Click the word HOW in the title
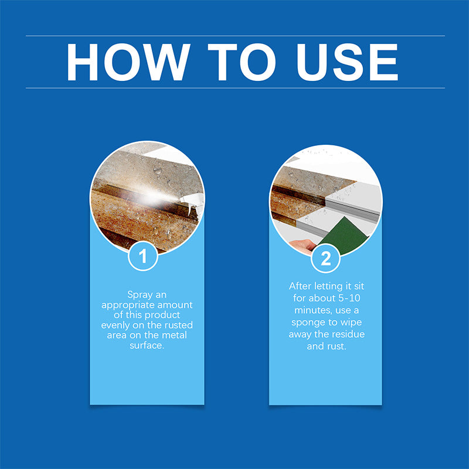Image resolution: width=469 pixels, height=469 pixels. tap(126, 62)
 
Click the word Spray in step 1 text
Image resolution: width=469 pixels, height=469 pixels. tap(138, 295)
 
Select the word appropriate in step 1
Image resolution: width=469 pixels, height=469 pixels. tap(128, 305)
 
